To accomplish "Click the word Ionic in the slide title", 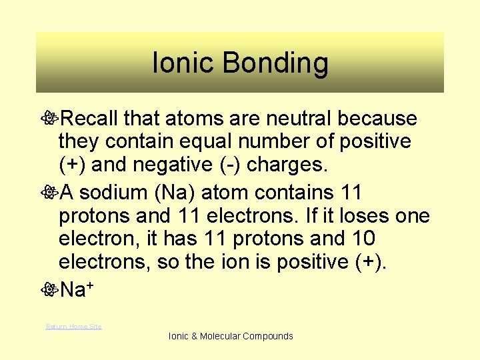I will (x=183, y=64).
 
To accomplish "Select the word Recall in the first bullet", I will (x=91, y=119).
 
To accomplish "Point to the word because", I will (x=377, y=119).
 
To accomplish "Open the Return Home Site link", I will (x=73, y=326).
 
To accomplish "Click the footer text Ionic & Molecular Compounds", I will (x=231, y=336).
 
